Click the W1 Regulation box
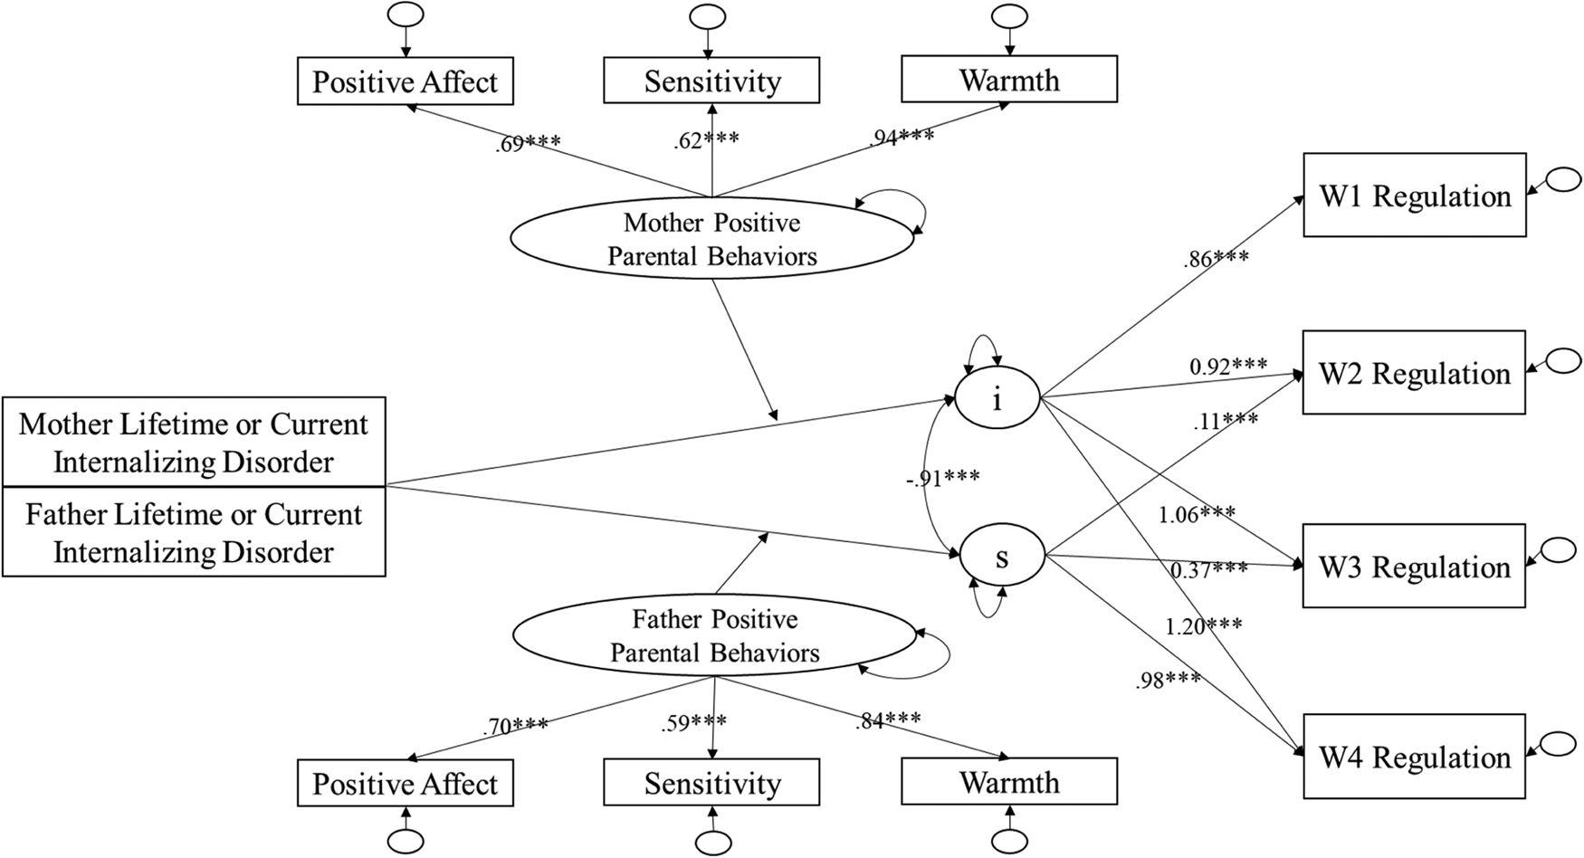point(1414,195)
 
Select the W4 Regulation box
point(1414,757)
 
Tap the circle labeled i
point(997,398)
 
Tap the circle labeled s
point(1001,558)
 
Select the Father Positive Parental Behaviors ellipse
point(714,636)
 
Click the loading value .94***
point(902,138)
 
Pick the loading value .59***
point(693,723)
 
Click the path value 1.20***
point(1203,625)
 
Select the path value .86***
point(1216,259)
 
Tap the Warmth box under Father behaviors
point(1008,782)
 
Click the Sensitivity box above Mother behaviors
point(711,81)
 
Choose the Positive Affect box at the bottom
point(405,784)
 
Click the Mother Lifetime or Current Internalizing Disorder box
point(194,443)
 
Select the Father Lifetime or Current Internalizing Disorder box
point(194,533)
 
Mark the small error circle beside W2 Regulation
point(1563,360)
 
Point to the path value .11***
point(1225,421)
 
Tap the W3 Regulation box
point(1414,567)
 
